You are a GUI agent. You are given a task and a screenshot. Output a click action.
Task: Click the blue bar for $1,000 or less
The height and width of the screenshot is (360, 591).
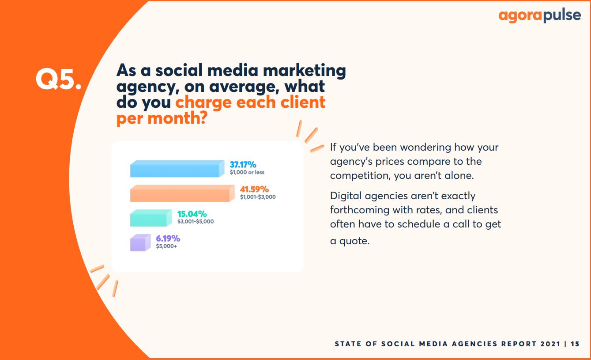tap(177, 168)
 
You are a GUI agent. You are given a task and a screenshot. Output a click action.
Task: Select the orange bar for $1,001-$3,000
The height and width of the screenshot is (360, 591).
tap(182, 193)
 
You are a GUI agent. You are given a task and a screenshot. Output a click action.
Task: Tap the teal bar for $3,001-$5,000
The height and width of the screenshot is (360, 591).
tap(151, 218)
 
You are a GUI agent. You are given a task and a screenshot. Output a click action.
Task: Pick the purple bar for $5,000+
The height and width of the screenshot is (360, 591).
tap(140, 243)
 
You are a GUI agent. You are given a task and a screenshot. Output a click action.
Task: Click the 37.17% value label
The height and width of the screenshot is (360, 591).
tap(243, 165)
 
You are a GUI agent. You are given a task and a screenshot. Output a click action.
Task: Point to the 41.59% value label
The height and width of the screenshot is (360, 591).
tap(254, 189)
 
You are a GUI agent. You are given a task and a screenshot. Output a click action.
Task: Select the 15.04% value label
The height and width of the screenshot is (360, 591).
tap(192, 214)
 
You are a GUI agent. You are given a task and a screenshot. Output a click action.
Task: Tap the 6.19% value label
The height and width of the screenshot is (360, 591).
tap(168, 238)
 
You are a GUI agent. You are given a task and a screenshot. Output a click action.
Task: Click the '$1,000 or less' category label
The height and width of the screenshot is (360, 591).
tap(247, 172)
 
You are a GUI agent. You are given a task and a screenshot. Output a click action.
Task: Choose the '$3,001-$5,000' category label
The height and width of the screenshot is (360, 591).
tap(196, 221)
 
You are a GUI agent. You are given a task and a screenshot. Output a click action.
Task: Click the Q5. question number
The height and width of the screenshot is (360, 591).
tap(59, 79)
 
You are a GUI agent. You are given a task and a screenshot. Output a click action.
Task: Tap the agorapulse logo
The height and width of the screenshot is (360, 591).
tap(539, 16)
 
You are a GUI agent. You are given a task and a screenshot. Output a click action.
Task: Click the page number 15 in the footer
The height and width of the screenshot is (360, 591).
tap(575, 344)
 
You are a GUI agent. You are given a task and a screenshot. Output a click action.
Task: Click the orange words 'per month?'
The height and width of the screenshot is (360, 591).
tap(162, 118)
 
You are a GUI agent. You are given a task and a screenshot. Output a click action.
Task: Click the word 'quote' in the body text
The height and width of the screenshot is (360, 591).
tap(354, 241)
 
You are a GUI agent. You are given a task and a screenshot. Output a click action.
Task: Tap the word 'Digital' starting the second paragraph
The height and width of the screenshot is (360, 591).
tap(346, 196)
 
